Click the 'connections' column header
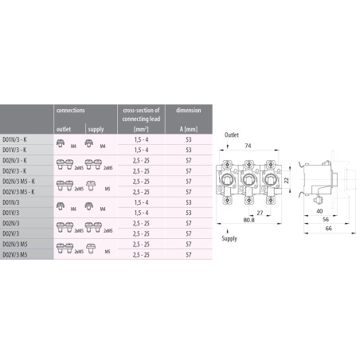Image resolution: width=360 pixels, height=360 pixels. click(x=72, y=109)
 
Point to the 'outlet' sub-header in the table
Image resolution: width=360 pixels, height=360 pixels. click(x=64, y=127)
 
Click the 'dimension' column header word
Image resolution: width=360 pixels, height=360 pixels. click(x=189, y=109)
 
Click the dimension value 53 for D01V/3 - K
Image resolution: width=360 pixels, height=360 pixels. click(x=189, y=149)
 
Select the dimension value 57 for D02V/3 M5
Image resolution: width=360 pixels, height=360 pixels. click(x=189, y=255)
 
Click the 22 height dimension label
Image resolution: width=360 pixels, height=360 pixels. click(x=288, y=182)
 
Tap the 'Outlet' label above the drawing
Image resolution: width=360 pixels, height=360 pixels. click(x=232, y=136)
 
